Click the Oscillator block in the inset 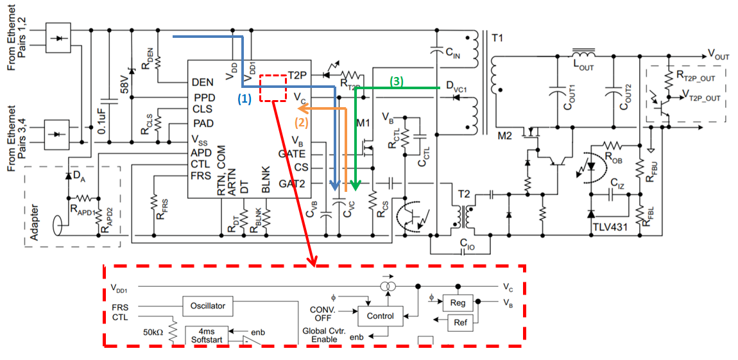tap(208, 306)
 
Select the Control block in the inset tap(380, 316)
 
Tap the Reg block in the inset tap(458, 303)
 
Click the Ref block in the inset tap(460, 322)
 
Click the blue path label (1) tap(245, 99)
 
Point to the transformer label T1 tap(498, 39)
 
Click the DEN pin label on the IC tap(202, 83)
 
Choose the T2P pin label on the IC tap(298, 75)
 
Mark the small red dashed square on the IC tap(273, 88)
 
